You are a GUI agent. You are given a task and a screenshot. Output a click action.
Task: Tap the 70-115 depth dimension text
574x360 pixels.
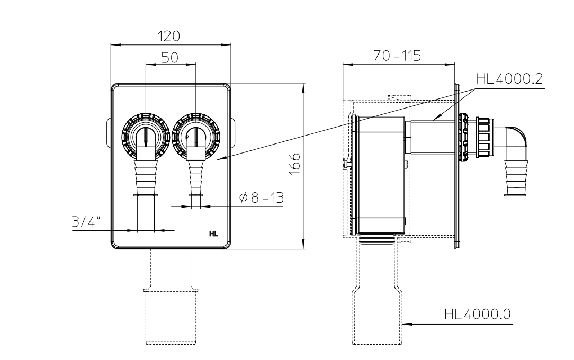click(397, 56)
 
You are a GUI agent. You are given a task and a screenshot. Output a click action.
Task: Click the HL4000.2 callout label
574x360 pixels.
click(508, 79)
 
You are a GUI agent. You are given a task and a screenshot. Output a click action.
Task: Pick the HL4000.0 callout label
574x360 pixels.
click(477, 314)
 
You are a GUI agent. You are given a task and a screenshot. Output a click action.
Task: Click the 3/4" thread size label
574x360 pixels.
click(87, 222)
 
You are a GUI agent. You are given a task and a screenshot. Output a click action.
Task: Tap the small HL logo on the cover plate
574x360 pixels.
click(214, 233)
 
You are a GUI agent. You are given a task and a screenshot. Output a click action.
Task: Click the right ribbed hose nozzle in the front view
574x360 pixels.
click(195, 177)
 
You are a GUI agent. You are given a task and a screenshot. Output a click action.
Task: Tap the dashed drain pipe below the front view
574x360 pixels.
click(171, 312)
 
